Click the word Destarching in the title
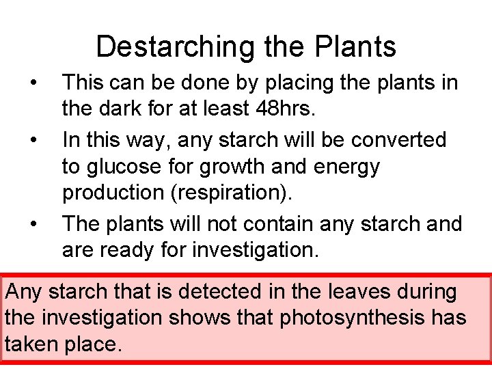[174, 47]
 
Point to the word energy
[346, 166]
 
